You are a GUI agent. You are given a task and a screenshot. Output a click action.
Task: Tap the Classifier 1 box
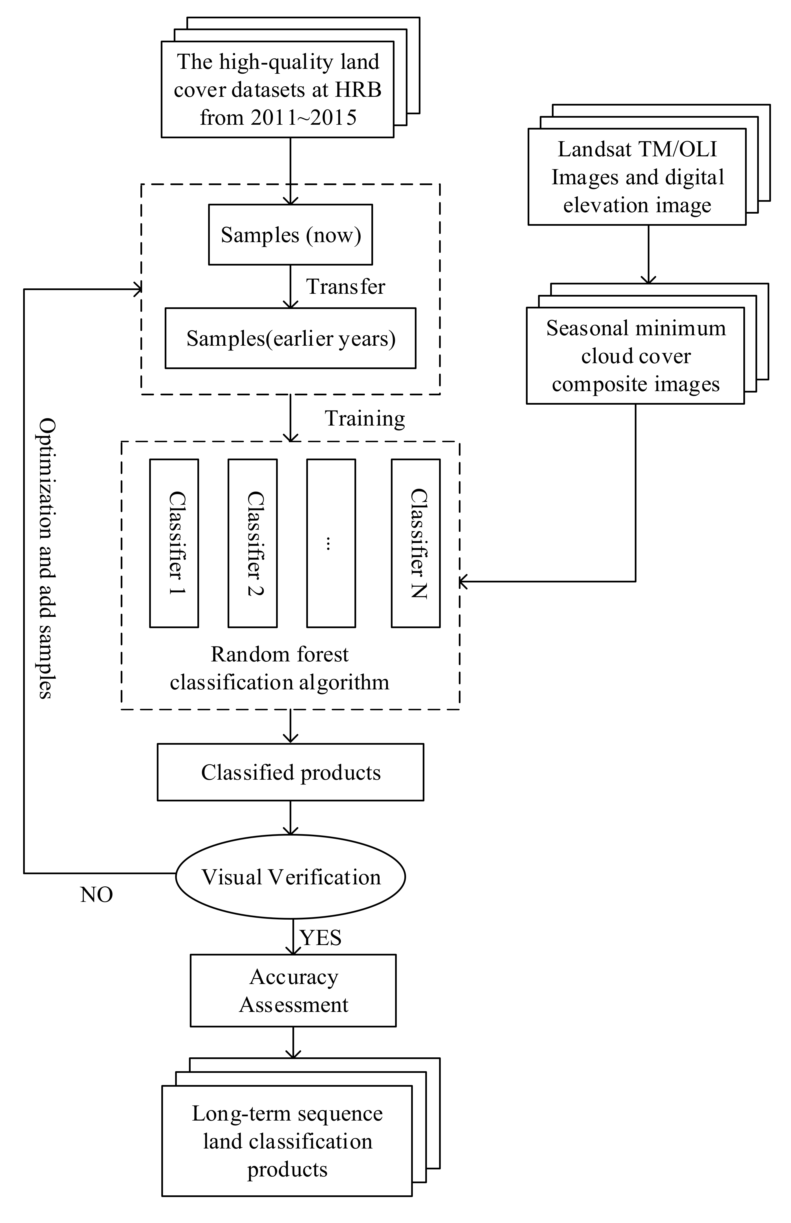174,543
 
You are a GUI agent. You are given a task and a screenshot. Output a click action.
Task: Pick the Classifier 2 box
253,543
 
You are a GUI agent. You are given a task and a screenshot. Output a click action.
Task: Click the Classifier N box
416,543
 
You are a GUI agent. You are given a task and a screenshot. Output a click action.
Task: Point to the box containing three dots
331,543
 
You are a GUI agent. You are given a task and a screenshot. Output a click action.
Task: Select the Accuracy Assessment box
293,991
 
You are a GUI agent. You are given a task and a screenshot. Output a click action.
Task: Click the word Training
365,419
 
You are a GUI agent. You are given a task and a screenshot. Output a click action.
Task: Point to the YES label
321,938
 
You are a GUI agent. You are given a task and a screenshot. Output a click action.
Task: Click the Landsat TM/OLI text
637,149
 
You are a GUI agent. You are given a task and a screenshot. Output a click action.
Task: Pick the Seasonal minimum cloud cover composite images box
635,356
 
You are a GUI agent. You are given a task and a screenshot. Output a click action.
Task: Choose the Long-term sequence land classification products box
287,1141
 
